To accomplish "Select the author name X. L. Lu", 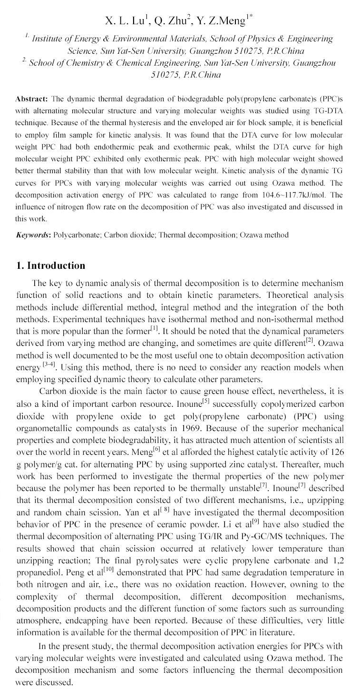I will [125, 20].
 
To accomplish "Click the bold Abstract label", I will [31, 99].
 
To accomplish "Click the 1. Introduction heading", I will [50, 266].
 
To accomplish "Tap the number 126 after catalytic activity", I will [336, 452].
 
